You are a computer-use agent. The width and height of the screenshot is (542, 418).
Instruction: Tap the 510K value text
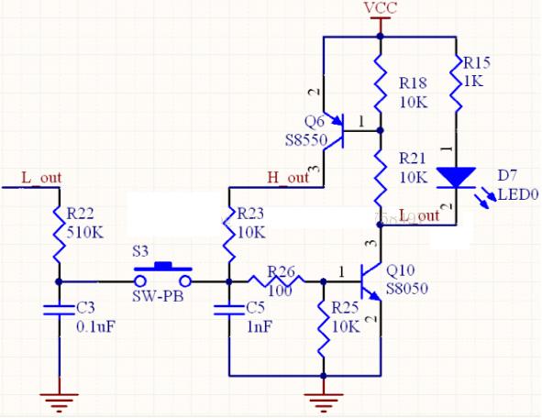click(83, 232)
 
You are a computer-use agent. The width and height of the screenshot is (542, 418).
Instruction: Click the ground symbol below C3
click(58, 399)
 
